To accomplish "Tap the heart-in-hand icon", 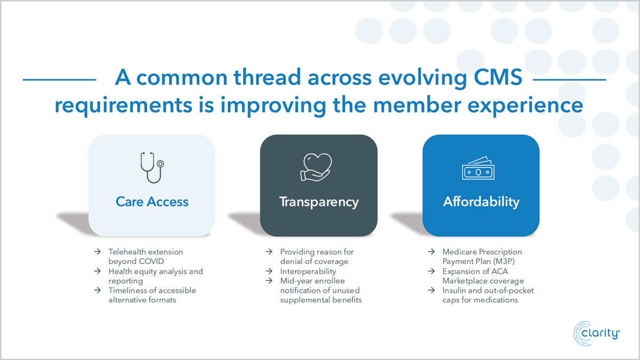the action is tap(316, 167).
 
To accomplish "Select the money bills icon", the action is tap(478, 168).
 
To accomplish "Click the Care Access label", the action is tap(152, 202).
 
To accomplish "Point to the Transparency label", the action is tap(319, 202).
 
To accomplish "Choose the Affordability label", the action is tap(481, 202).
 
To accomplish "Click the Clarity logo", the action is tap(597, 333).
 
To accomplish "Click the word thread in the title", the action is tap(267, 77).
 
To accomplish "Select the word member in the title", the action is tap(417, 105).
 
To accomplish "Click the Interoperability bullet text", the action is tap(308, 271).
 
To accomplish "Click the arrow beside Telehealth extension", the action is tap(98, 252).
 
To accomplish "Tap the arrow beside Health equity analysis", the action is tap(98, 271).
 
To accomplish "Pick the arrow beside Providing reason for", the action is tap(269, 252).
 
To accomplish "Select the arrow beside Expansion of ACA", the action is tap(431, 271).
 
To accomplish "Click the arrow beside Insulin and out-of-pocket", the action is tap(431, 290).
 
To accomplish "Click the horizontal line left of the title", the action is tap(59, 79).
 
